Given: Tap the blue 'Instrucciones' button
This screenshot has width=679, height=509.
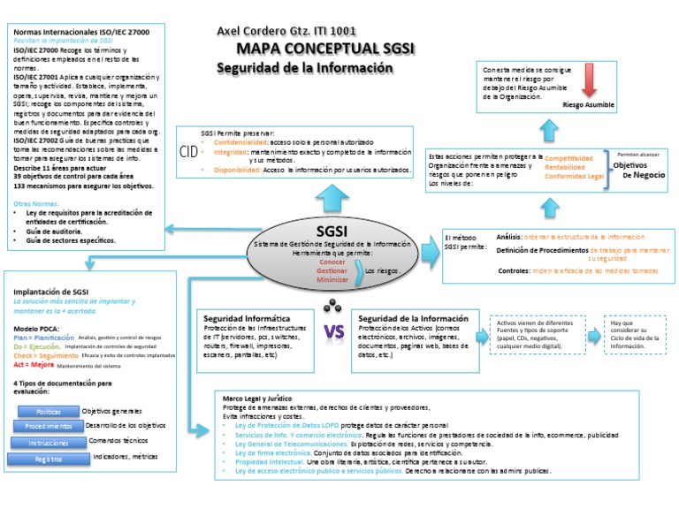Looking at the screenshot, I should [49, 443].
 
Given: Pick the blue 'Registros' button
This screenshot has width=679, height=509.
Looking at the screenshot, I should [49, 460].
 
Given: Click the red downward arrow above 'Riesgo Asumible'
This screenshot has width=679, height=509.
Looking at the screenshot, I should [591, 83].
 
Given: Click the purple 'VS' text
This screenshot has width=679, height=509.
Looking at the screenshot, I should [333, 332].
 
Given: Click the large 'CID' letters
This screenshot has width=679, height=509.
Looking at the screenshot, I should [188, 151].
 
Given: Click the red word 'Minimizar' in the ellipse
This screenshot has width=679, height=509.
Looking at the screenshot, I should [333, 279].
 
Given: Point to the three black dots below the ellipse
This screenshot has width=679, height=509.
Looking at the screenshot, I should [333, 306].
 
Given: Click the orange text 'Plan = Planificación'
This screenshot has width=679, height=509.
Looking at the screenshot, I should [43, 338].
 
